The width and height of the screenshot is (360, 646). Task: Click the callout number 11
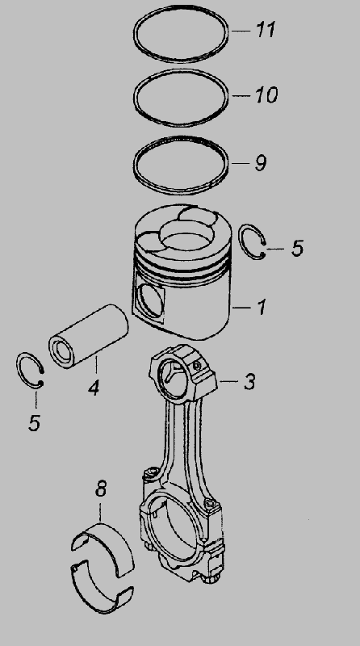(266, 30)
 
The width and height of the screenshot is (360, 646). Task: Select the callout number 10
(266, 95)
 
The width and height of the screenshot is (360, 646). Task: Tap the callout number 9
(261, 163)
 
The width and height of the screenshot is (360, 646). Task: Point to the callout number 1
(262, 308)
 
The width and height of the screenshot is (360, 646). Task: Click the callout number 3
(249, 381)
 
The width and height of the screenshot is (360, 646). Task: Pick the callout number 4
(94, 388)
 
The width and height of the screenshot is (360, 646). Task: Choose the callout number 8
(101, 489)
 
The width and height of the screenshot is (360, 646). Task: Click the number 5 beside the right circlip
(297, 248)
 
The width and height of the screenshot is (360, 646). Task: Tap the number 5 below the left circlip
(35, 422)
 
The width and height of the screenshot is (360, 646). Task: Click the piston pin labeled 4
(89, 336)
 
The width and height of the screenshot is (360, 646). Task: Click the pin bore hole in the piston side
(147, 301)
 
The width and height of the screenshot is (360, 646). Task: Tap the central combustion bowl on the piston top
(187, 235)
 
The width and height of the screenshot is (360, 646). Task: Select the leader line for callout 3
(228, 381)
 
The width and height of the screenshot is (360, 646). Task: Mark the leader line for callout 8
(101, 511)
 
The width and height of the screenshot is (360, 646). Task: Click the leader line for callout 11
(241, 31)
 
